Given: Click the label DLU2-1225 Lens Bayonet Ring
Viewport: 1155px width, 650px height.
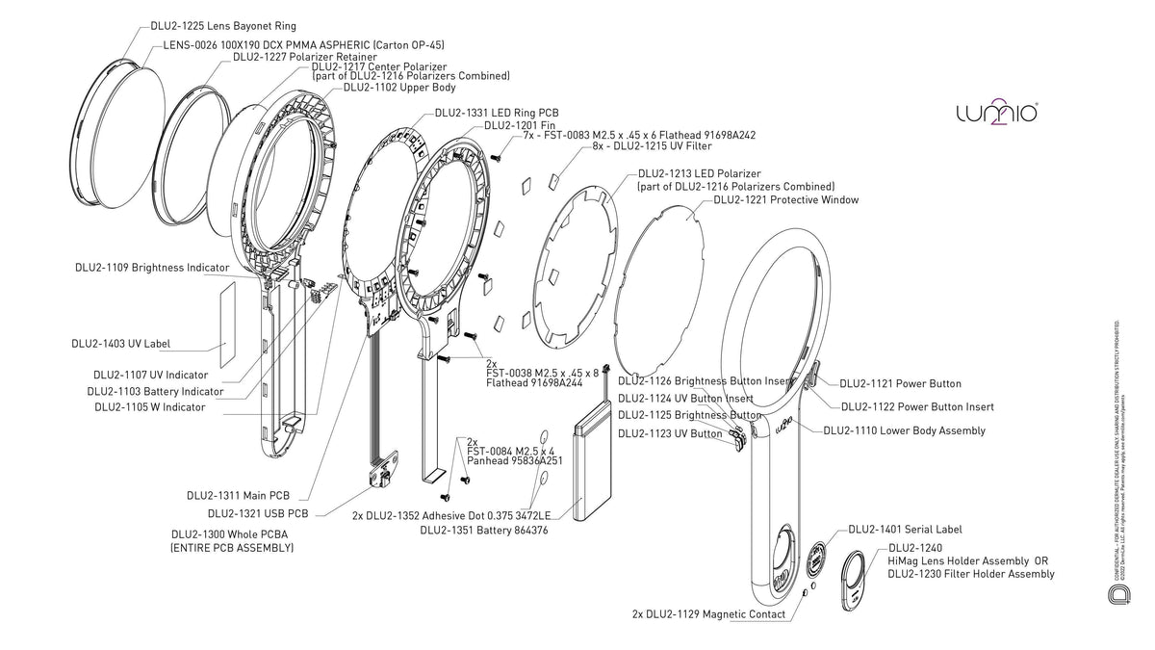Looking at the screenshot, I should pos(224,25).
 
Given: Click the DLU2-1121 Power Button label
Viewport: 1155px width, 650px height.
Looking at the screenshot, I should pos(900,384).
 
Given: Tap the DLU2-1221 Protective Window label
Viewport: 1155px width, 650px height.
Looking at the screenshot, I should pos(785,200).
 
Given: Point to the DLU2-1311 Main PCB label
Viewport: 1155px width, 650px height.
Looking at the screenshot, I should pos(238,495).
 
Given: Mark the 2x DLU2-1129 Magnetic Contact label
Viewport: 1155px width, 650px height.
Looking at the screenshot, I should pos(708,613).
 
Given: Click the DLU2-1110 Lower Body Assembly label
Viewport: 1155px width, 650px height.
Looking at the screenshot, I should pos(904,430).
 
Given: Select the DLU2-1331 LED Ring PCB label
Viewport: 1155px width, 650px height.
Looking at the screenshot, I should pos(497,113).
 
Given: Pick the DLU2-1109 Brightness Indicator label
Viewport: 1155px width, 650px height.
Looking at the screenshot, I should pos(152,267).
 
